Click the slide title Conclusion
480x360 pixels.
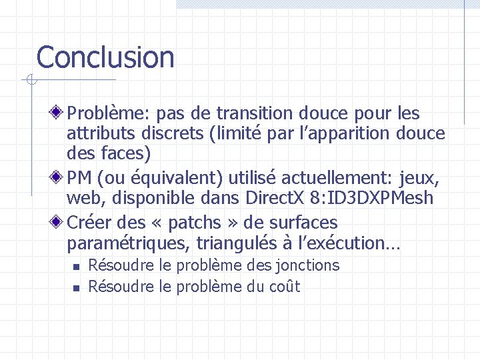pos(105,57)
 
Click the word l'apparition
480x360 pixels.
pos(333,133)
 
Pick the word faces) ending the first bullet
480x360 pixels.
pos(126,153)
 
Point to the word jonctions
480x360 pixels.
pos(307,265)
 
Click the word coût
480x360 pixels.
pos(283,287)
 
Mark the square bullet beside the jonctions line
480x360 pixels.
pos(75,266)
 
